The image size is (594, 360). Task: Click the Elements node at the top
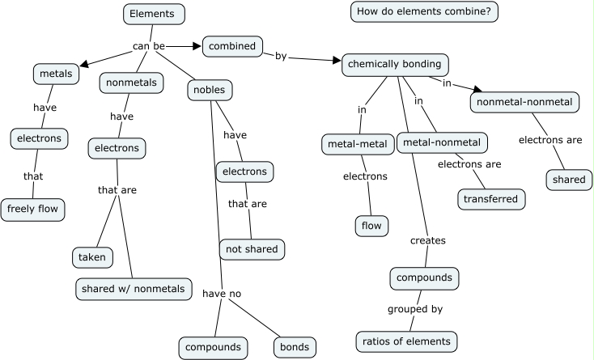[x=154, y=14]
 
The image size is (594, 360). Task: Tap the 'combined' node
[x=231, y=46]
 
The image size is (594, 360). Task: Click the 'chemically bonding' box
[x=394, y=64]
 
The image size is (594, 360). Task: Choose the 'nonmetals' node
[x=132, y=83]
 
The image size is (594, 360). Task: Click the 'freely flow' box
[x=32, y=210]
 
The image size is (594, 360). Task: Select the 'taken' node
[x=92, y=257]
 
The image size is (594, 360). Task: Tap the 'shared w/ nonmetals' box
[x=134, y=287]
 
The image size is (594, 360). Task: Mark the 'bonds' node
[x=293, y=347]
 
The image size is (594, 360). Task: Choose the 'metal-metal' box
[x=357, y=144]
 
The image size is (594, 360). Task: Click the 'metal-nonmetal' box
[x=441, y=143]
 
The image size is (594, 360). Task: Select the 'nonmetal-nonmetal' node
[x=524, y=102]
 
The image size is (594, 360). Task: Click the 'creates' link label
[x=428, y=240]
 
